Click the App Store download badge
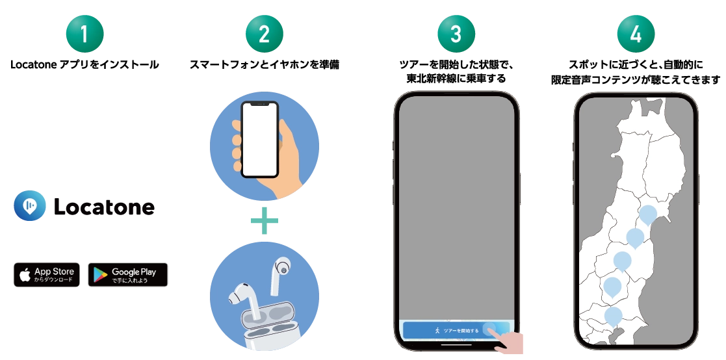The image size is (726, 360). click(47, 275)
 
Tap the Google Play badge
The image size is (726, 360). click(127, 275)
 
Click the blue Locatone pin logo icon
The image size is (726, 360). click(30, 207)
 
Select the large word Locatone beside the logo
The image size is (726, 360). click(104, 207)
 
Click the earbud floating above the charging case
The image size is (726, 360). click(282, 266)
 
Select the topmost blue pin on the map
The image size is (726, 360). click(648, 214)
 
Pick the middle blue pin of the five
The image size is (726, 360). click(623, 261)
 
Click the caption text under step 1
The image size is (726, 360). click(84, 65)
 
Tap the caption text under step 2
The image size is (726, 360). click(264, 65)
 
